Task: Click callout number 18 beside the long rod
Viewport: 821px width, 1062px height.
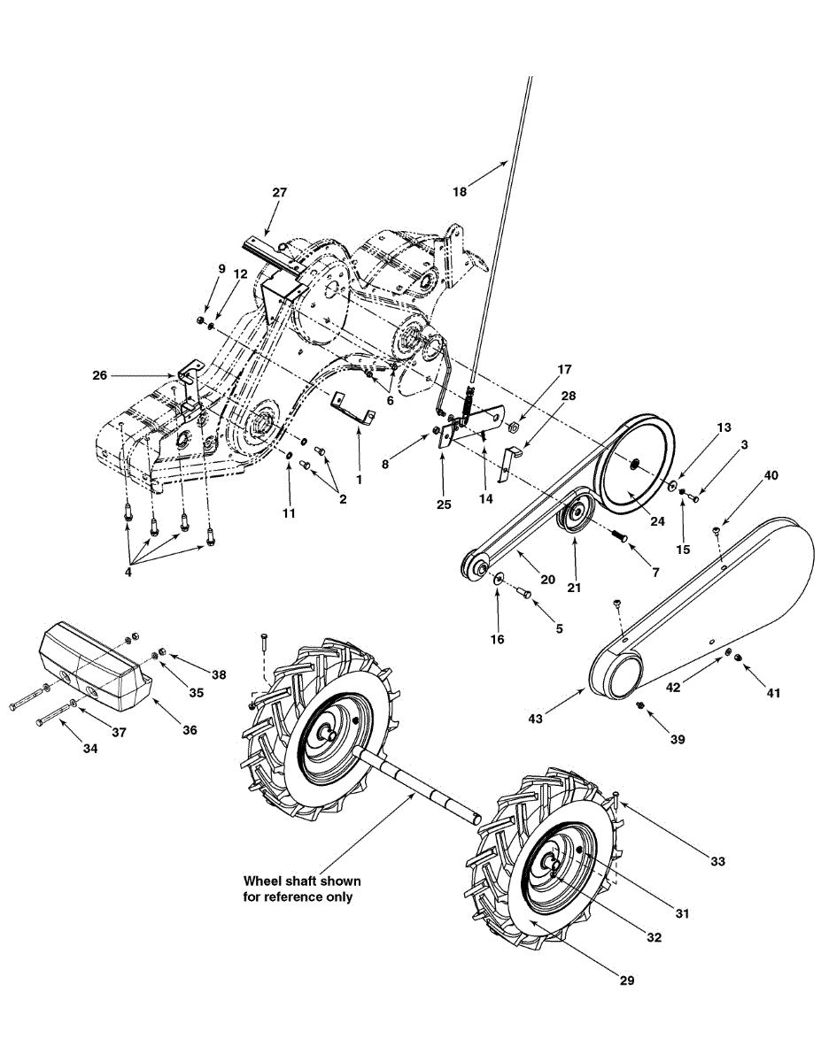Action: pyautogui.click(x=459, y=190)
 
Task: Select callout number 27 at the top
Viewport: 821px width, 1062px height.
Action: pyautogui.click(x=280, y=192)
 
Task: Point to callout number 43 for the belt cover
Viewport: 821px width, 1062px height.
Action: pyautogui.click(x=535, y=719)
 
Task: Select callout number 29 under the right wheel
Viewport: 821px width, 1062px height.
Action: pyautogui.click(x=626, y=980)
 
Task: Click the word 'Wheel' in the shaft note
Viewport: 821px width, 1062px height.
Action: pyautogui.click(x=263, y=881)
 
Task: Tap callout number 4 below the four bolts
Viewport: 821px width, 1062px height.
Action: pyautogui.click(x=128, y=572)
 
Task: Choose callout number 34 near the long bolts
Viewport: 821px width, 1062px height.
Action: pyautogui.click(x=89, y=748)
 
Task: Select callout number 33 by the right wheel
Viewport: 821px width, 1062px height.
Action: pyautogui.click(x=716, y=860)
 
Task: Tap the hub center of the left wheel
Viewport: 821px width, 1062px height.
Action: pyautogui.click(x=330, y=734)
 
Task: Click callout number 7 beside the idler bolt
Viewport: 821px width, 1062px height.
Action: pyautogui.click(x=654, y=572)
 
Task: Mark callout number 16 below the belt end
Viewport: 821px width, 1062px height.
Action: pyautogui.click(x=497, y=638)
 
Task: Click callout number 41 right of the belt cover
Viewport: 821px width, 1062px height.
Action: pyautogui.click(x=773, y=693)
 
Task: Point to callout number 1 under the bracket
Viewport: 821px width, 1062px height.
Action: pyautogui.click(x=359, y=479)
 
